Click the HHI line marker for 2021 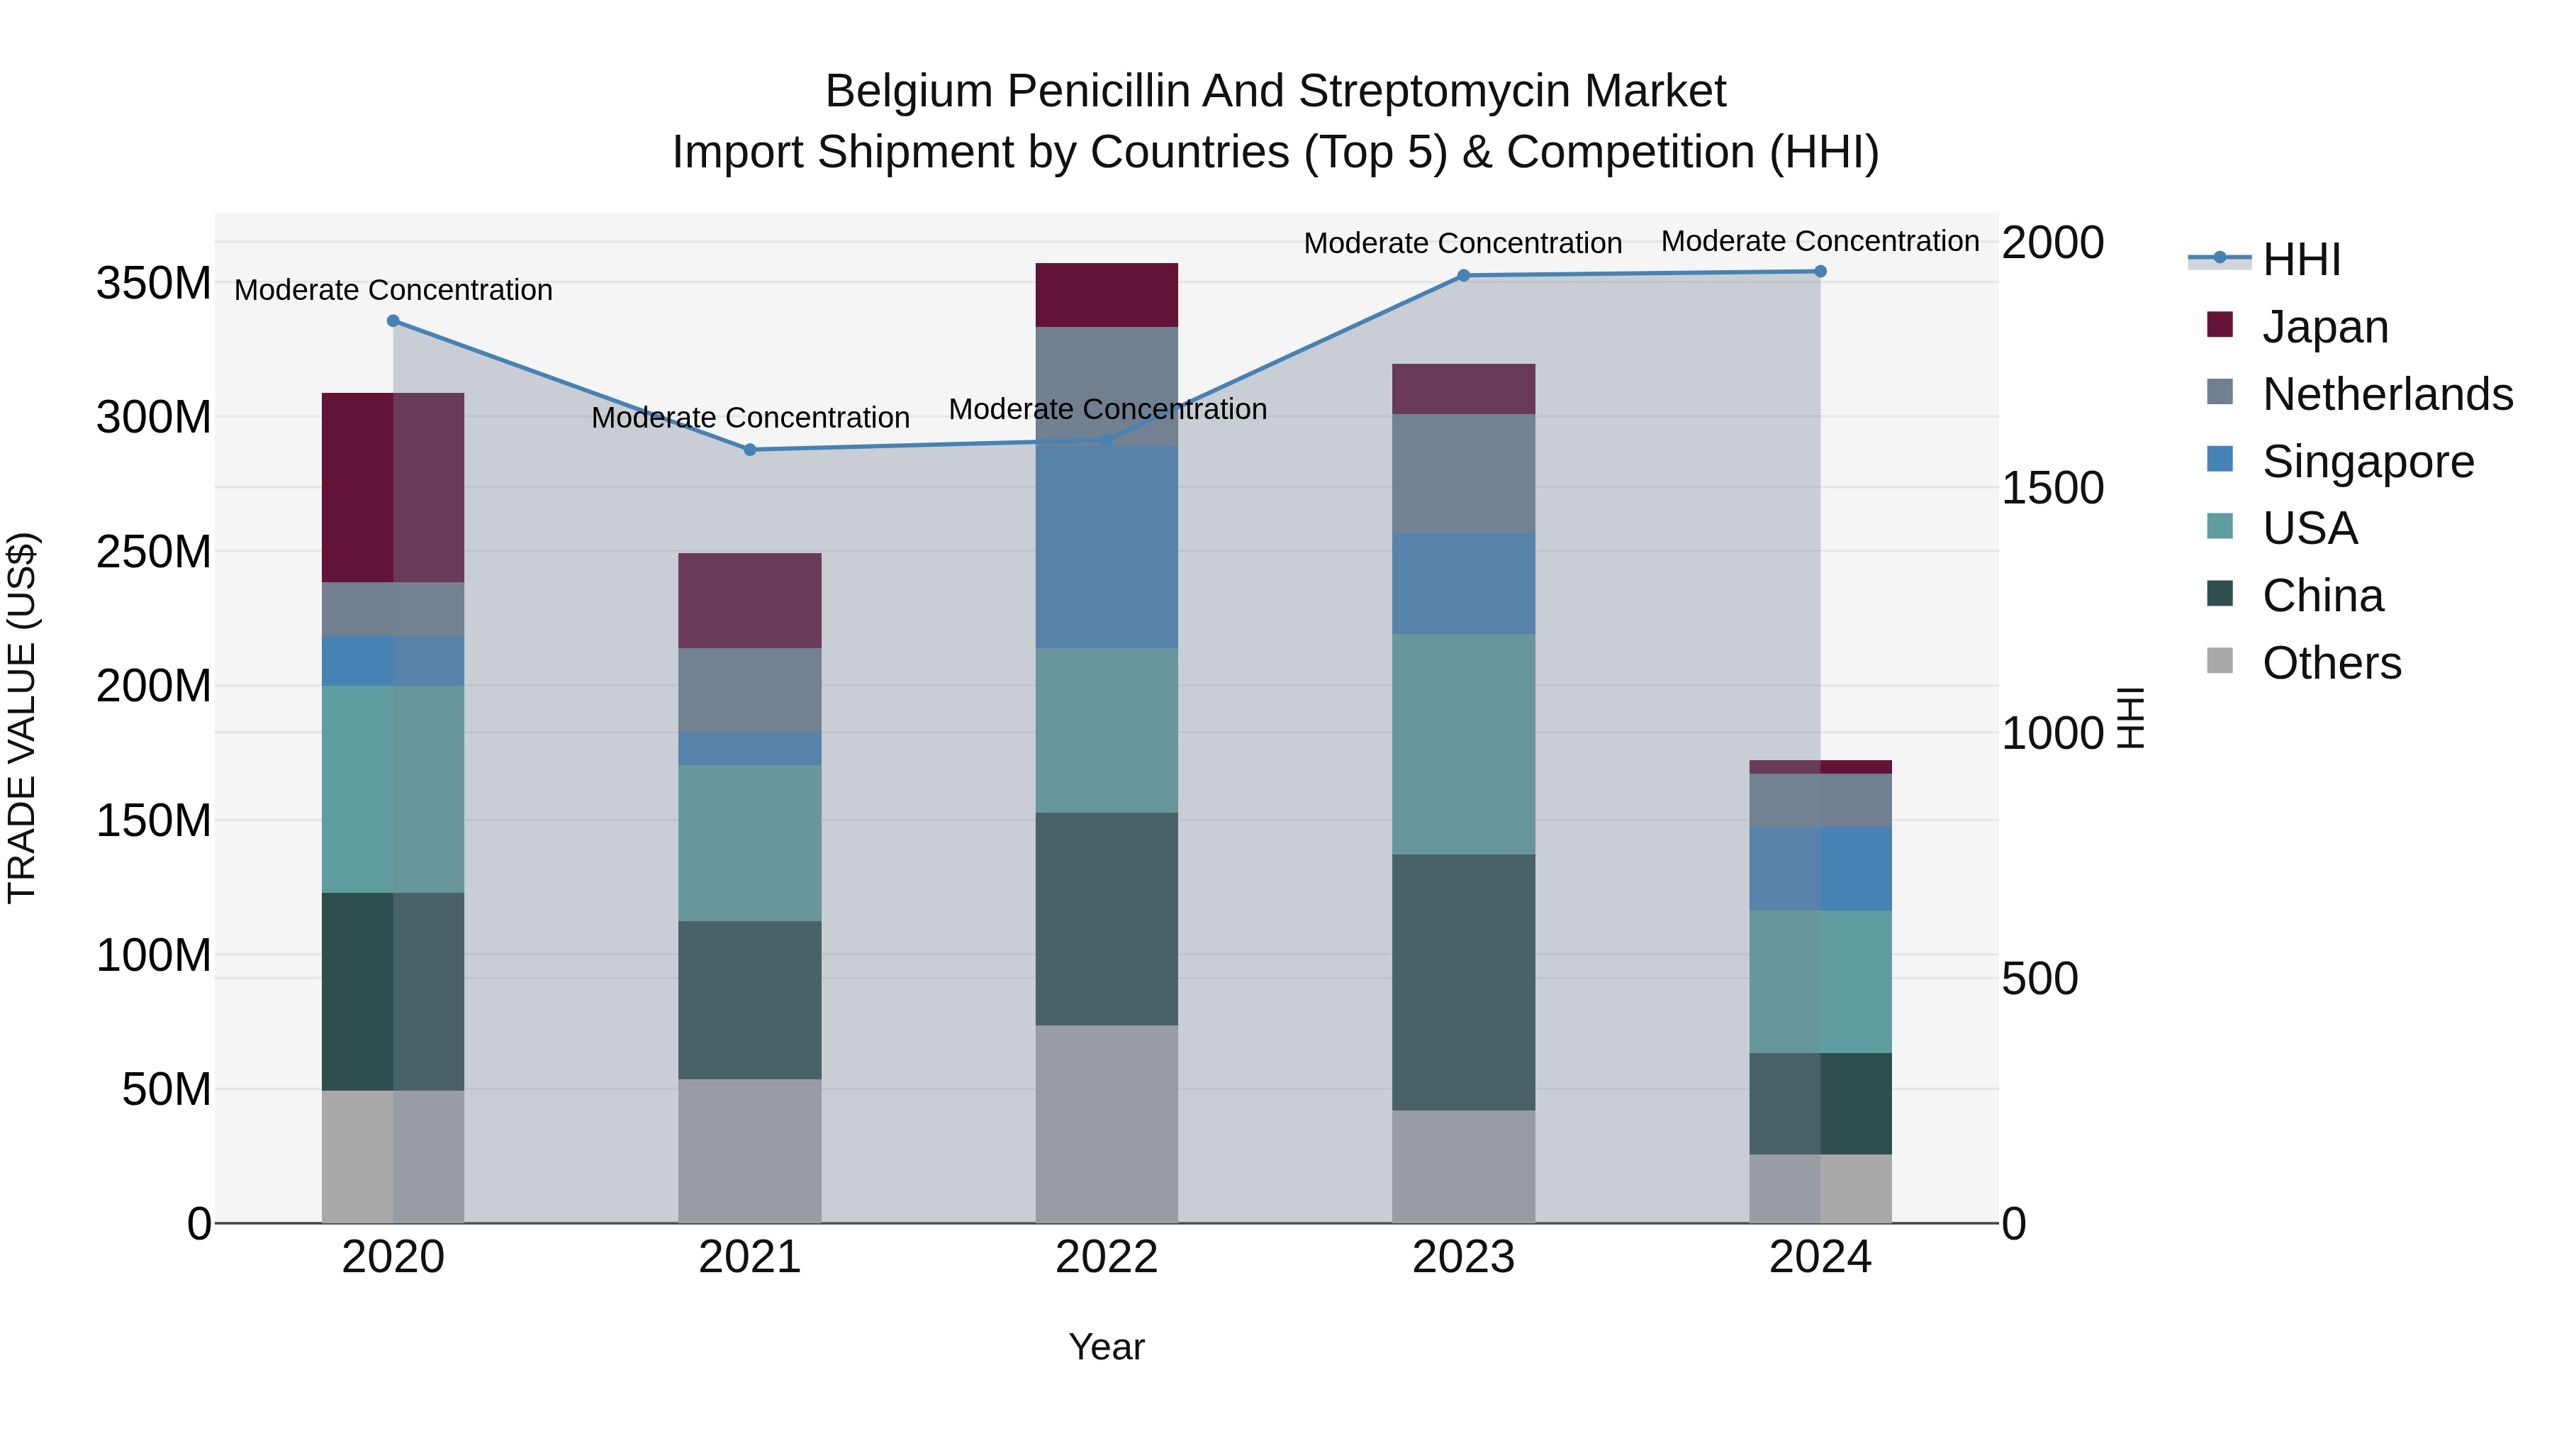tap(750, 450)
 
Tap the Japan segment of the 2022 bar tap(1107, 295)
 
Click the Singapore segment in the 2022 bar tap(1107, 547)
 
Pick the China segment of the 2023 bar tap(1463, 982)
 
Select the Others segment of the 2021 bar tap(750, 1151)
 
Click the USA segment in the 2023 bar tap(1463, 745)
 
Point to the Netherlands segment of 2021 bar tap(750, 691)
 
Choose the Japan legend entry tap(2324, 327)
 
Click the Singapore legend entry tap(2368, 462)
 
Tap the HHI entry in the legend tap(2300, 260)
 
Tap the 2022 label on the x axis tap(1107, 1257)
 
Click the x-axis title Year tap(1107, 1347)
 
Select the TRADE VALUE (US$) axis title tap(22, 718)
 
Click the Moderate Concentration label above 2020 tap(393, 290)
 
